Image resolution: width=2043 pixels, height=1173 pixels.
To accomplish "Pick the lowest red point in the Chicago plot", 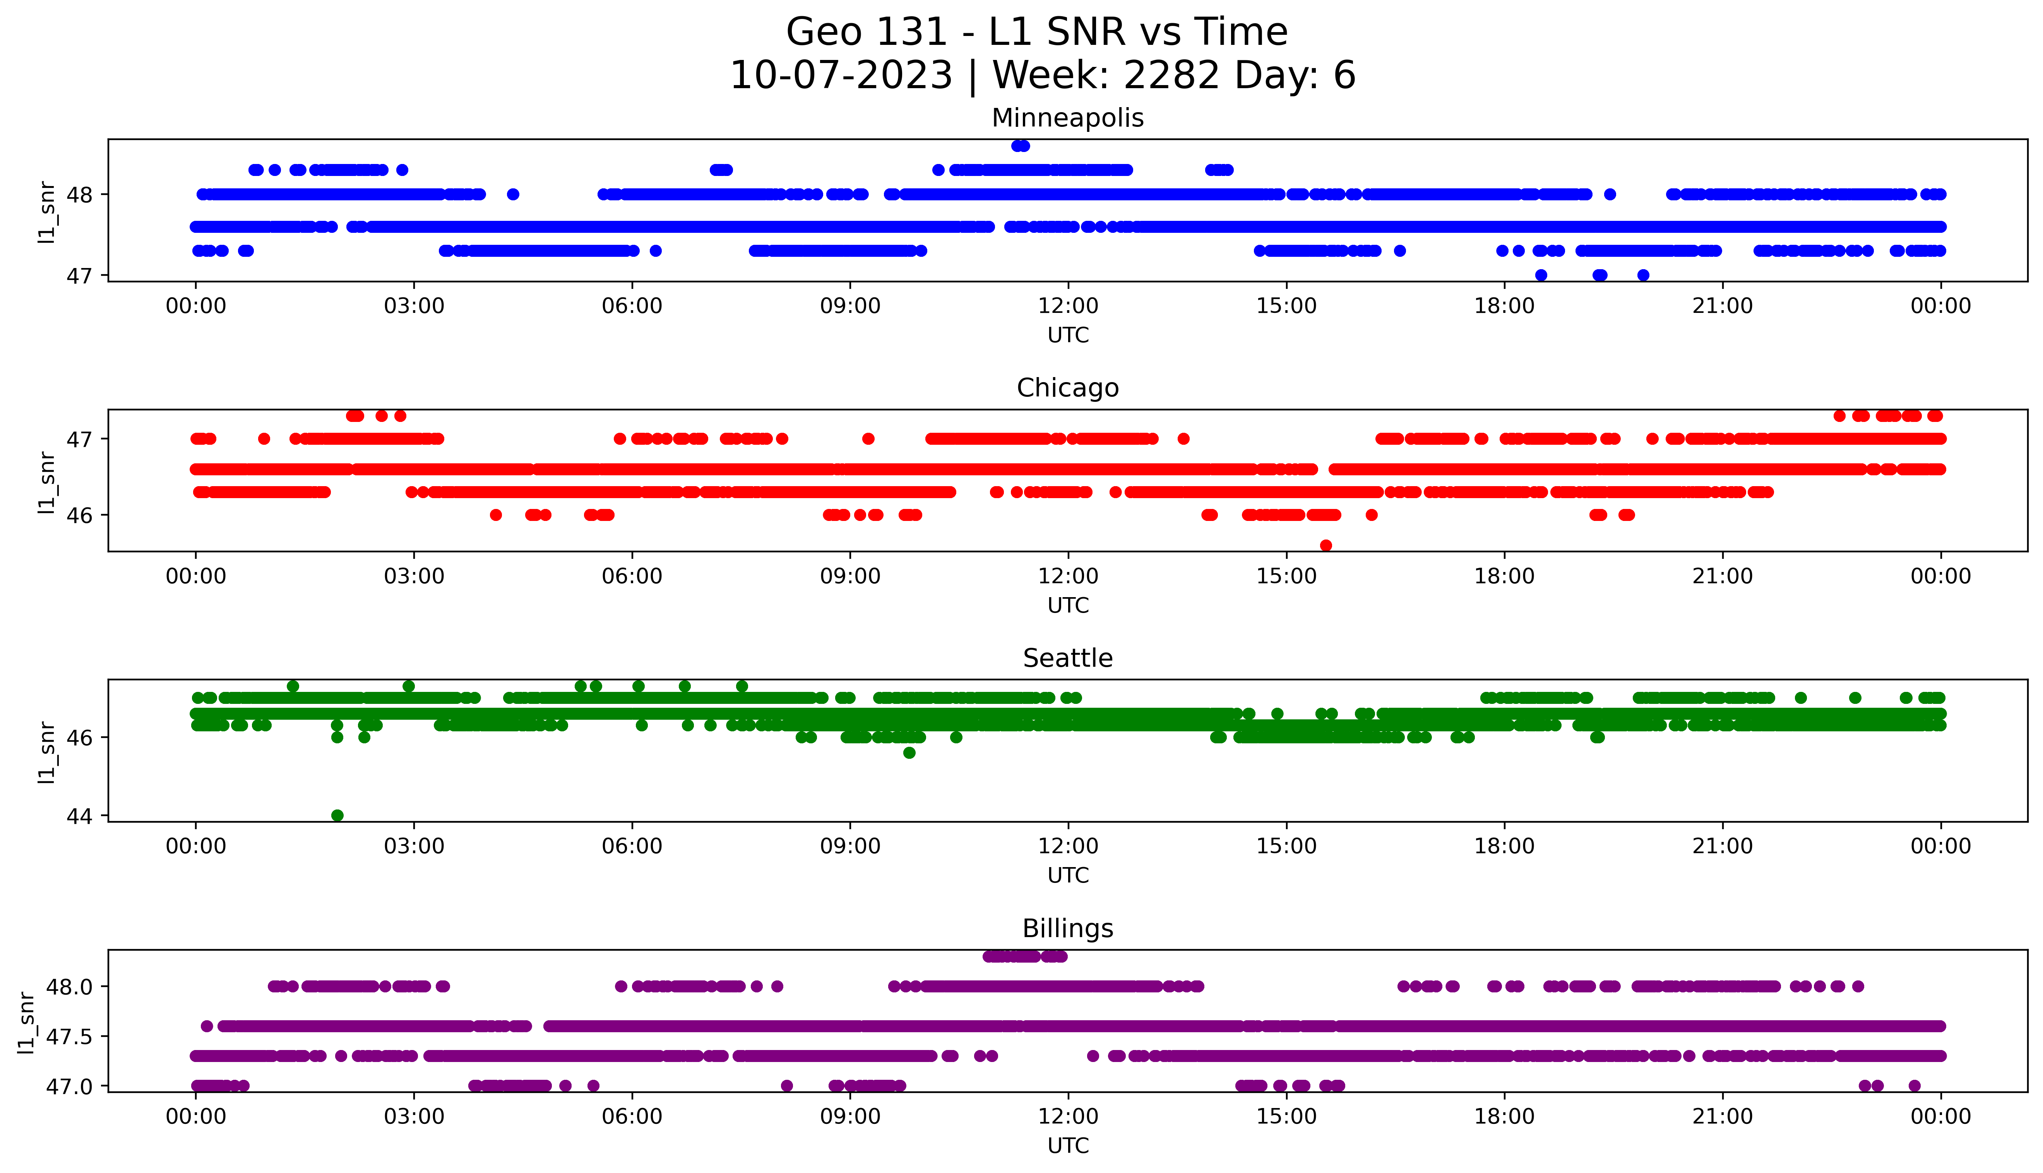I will tap(1326, 545).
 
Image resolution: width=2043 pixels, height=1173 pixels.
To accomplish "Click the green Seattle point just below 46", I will tap(909, 753).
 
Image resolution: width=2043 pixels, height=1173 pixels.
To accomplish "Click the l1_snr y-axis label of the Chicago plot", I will tap(47, 482).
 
